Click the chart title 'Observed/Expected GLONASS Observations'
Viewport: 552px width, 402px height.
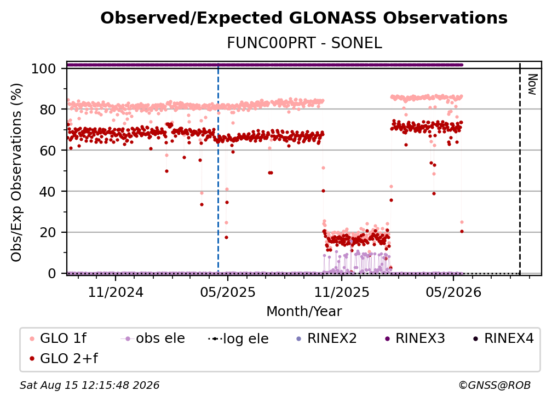(x=304, y=18)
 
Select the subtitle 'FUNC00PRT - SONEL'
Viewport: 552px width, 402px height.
(x=304, y=43)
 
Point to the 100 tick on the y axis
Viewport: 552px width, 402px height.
(x=44, y=68)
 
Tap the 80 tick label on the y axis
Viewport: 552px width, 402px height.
(x=48, y=110)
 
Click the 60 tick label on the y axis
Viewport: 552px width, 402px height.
(x=48, y=151)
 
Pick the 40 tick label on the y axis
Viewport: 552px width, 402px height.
(x=48, y=192)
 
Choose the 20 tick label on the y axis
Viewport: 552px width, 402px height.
(x=48, y=233)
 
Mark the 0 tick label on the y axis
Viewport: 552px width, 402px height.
(x=52, y=273)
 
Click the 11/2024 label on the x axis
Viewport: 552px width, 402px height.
(x=116, y=292)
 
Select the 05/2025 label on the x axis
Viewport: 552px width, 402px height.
(x=228, y=292)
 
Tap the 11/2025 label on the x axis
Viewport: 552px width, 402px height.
(x=342, y=292)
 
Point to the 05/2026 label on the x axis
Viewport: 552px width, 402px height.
(x=453, y=292)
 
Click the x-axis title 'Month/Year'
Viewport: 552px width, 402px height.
(x=304, y=312)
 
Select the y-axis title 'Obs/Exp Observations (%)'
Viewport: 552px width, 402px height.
(x=16, y=173)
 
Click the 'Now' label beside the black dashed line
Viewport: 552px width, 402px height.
(x=532, y=84)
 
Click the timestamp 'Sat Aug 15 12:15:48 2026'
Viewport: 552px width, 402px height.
(x=89, y=386)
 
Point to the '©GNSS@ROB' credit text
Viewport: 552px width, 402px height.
(x=495, y=386)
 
